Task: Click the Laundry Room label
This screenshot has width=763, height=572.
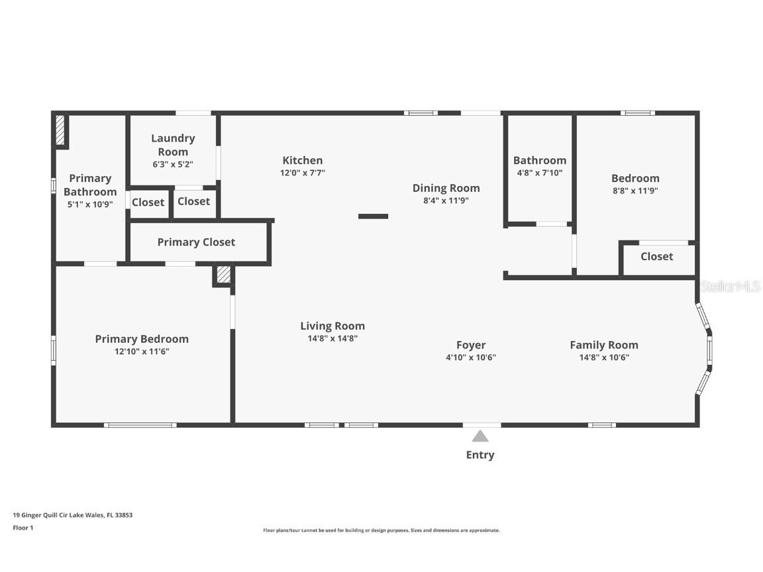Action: click(173, 145)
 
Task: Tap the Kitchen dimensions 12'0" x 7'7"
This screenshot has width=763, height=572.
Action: click(303, 173)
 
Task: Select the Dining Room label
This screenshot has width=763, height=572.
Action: click(446, 188)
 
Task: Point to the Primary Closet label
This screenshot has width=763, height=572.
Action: click(196, 242)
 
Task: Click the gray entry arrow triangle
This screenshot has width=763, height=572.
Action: click(480, 436)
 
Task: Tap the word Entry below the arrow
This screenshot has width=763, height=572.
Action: click(480, 455)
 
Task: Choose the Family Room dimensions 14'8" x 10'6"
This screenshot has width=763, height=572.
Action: click(604, 358)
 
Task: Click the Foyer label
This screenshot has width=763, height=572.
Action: click(471, 345)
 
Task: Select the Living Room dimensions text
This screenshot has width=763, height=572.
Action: click(333, 338)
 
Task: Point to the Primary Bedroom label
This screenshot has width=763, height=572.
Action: click(142, 339)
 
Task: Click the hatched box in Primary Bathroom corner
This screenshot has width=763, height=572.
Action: click(60, 129)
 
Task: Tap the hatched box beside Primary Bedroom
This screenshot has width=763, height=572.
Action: click(223, 274)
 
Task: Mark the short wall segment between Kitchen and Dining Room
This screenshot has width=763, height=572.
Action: click(374, 216)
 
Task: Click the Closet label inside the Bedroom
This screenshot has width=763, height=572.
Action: click(657, 256)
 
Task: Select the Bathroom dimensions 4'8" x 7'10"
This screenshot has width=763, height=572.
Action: click(540, 173)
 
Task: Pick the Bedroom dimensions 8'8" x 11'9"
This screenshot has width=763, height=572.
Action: click(636, 191)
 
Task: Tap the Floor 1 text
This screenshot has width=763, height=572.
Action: click(23, 528)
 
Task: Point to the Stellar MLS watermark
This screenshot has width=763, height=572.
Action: click(730, 287)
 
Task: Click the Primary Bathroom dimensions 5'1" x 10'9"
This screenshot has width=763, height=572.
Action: click(90, 205)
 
